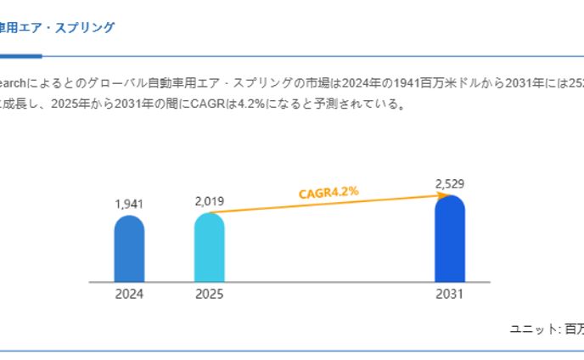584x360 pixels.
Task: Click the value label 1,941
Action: click(129, 204)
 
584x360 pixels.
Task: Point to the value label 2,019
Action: click(210, 201)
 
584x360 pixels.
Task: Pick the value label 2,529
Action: click(450, 183)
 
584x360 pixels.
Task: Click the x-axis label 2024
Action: click(129, 295)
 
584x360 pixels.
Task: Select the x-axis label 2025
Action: click(210, 295)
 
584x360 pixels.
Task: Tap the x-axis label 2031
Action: click(450, 295)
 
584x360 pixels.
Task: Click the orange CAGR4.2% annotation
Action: click(328, 193)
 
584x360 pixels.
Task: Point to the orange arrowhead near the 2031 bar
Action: click(441, 195)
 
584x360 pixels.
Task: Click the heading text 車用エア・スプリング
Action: click(57, 27)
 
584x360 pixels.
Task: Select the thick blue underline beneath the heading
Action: click(20, 56)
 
